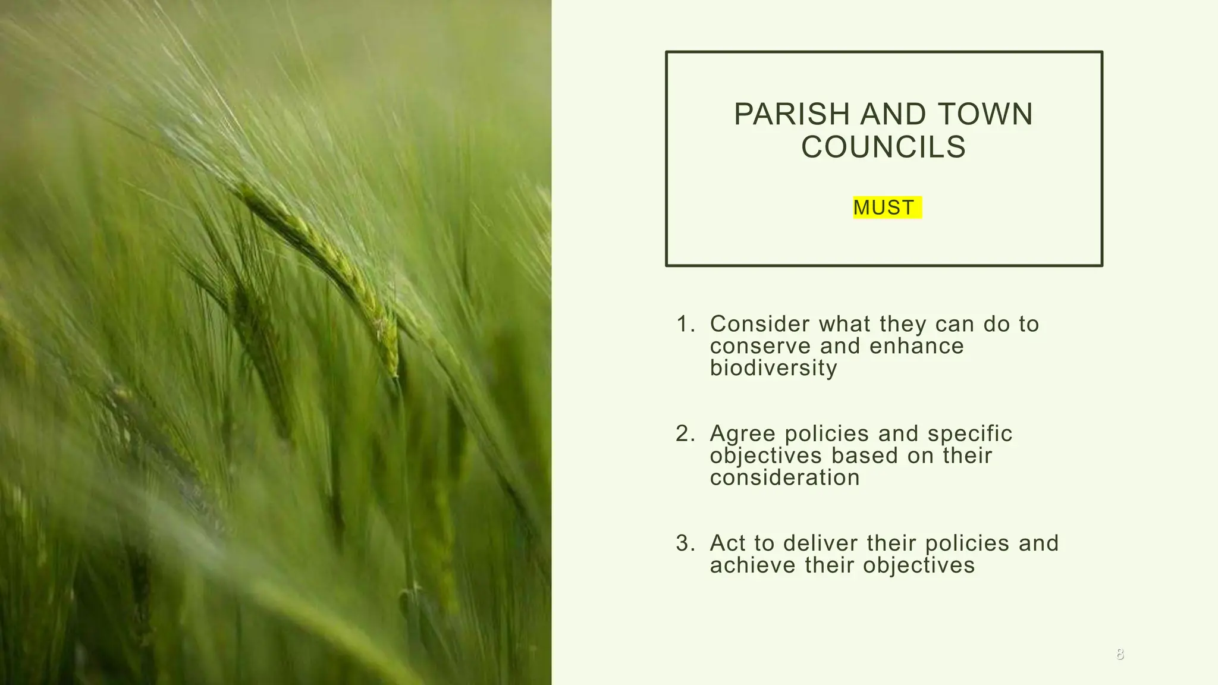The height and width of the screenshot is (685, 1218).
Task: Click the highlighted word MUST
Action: pyautogui.click(x=884, y=208)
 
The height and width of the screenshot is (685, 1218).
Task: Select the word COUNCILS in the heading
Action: pyautogui.click(x=883, y=147)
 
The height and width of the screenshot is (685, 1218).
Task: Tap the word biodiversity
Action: pyautogui.click(x=773, y=368)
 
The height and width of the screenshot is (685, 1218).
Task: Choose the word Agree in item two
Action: pyautogui.click(x=742, y=433)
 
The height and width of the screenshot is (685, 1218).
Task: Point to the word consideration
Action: pyautogui.click(x=784, y=477)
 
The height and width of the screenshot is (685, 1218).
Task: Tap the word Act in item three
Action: pyautogui.click(x=727, y=543)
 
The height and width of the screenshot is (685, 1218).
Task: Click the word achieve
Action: pyautogui.click(x=752, y=565)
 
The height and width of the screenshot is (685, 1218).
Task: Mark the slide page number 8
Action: pyautogui.click(x=1120, y=655)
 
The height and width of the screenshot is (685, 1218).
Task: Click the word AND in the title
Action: pyautogui.click(x=894, y=114)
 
